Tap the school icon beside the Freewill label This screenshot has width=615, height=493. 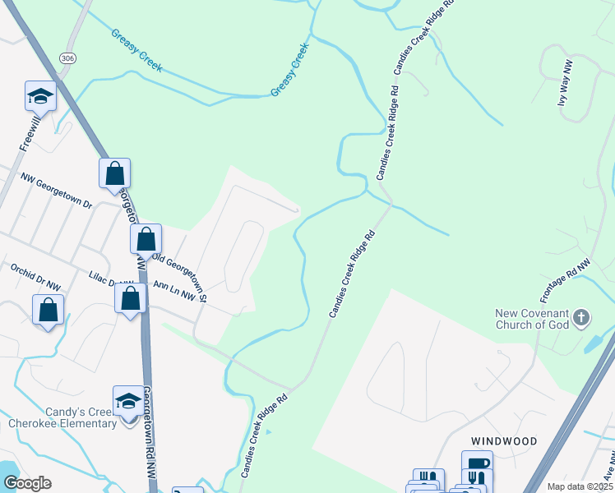point(40,97)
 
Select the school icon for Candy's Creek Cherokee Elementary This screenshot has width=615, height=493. point(128,402)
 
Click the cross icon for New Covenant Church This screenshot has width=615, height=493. point(581,317)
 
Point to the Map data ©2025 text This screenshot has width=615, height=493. point(580,486)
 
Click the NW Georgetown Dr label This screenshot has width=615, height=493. point(57,190)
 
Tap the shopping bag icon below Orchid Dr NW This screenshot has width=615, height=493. point(48,311)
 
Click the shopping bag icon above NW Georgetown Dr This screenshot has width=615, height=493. point(115,173)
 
